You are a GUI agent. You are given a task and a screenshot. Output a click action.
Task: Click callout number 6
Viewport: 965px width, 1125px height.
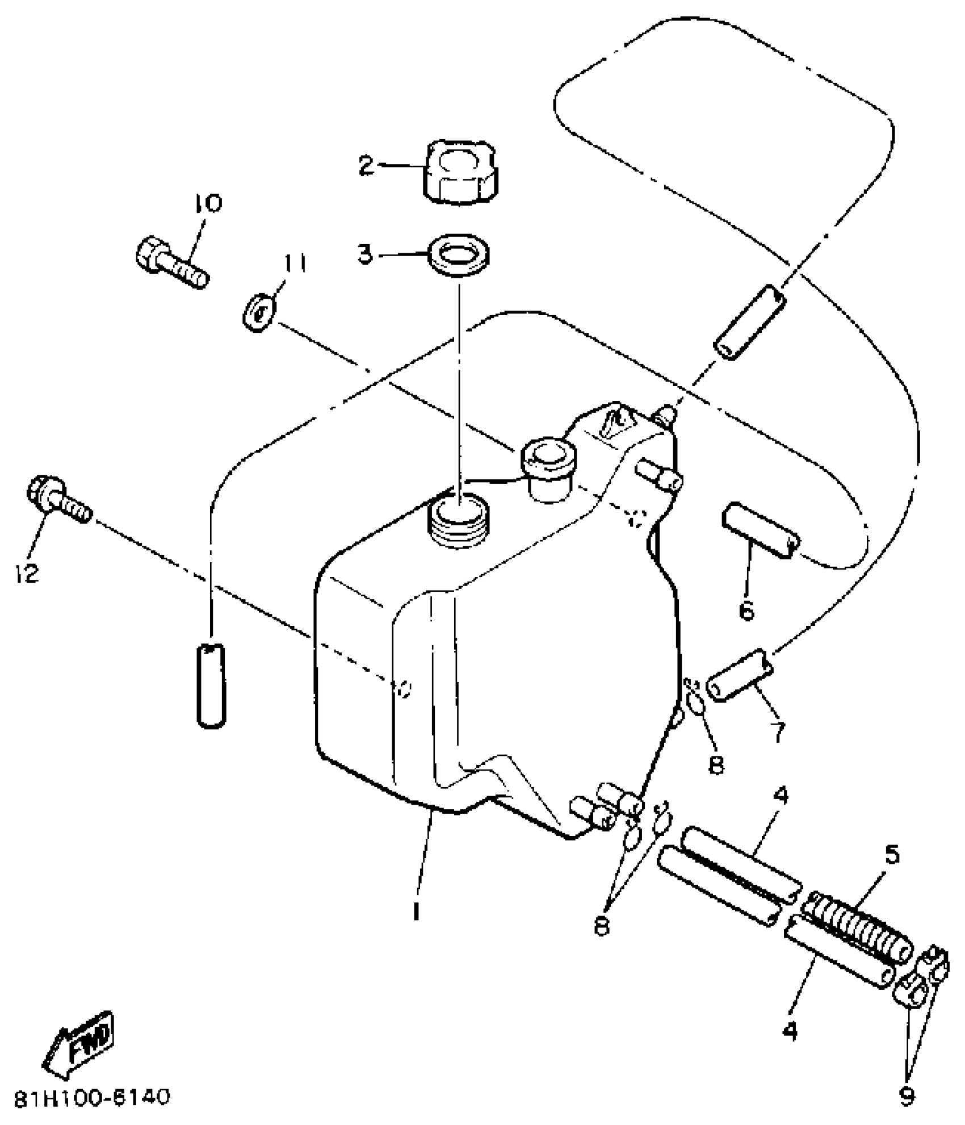747,610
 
